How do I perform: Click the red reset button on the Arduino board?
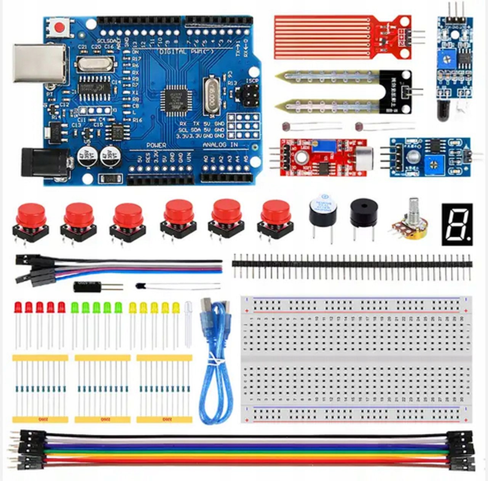coord(59,27)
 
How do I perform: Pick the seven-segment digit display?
coord(457,224)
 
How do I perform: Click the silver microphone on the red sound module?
coord(364,156)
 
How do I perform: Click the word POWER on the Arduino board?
coord(156,145)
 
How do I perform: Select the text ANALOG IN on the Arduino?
coord(220,145)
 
